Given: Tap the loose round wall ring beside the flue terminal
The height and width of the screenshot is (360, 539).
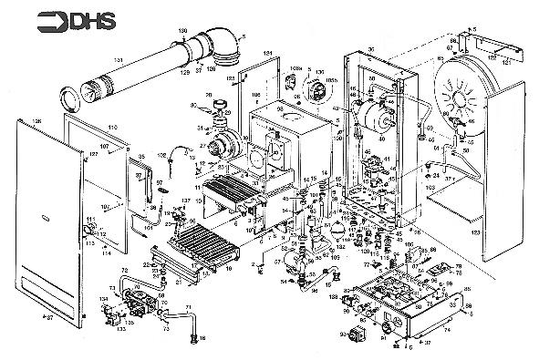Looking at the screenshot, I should pyautogui.click(x=68, y=98).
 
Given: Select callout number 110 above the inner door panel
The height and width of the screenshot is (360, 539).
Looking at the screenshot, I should pyautogui.click(x=113, y=128).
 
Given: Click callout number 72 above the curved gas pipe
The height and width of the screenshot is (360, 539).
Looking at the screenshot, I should pyautogui.click(x=124, y=271).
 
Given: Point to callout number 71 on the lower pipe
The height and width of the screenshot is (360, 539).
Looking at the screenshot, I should pyautogui.click(x=188, y=307).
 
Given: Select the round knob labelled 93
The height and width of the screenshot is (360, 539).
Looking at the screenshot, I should pyautogui.click(x=353, y=334).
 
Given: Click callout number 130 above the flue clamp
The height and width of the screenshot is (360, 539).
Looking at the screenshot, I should pyautogui.click(x=182, y=31).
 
